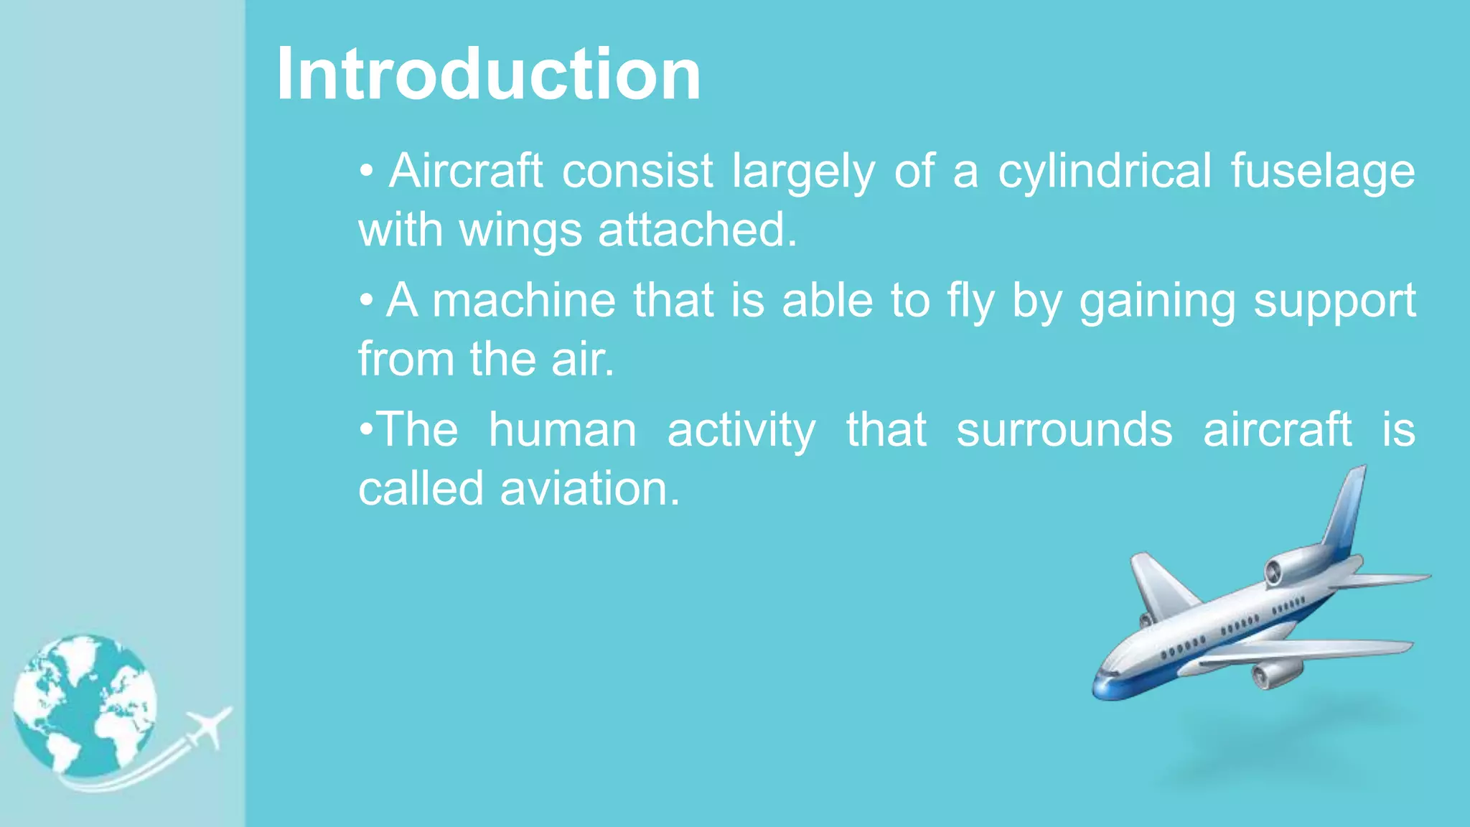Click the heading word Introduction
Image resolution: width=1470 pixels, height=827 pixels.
488,74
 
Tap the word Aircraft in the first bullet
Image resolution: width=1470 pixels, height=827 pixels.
465,171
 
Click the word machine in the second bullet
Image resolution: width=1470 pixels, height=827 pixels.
524,300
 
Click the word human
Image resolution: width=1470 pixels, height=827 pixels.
563,430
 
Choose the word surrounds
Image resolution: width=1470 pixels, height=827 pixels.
1064,430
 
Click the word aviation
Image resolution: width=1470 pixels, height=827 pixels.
590,489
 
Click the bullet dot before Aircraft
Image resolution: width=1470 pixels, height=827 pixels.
367,172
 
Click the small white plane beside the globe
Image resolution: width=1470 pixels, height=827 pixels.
209,726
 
